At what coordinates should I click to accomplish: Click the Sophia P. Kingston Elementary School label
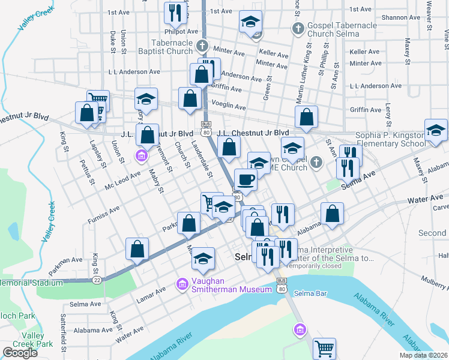(390, 140)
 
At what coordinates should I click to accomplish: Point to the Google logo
(20, 352)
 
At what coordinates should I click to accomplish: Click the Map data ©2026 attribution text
(423, 355)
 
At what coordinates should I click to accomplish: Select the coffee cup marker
(246, 179)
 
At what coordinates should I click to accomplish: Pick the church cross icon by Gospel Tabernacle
(297, 28)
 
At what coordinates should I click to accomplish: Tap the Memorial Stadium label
(31, 283)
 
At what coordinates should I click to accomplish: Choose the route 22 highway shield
(96, 280)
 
